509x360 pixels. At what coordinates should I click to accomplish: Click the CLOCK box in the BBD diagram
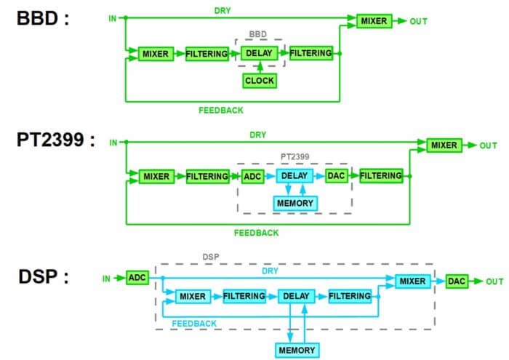click(x=259, y=81)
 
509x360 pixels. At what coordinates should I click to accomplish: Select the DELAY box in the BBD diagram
click(x=259, y=53)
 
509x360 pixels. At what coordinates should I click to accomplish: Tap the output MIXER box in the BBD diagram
click(x=374, y=21)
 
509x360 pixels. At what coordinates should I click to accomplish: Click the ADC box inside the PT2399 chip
click(x=253, y=176)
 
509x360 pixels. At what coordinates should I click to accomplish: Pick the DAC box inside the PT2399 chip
click(x=336, y=176)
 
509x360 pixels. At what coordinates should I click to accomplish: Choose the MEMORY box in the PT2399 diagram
click(x=295, y=203)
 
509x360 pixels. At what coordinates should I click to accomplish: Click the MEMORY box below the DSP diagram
click(x=297, y=350)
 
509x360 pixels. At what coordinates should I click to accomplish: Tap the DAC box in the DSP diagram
click(x=456, y=281)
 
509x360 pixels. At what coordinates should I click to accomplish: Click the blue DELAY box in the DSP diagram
click(x=296, y=296)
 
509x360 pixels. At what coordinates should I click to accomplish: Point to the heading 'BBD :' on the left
click(x=42, y=18)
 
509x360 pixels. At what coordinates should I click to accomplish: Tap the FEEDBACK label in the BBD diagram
click(x=220, y=111)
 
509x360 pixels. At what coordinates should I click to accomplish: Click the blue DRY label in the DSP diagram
click(x=269, y=271)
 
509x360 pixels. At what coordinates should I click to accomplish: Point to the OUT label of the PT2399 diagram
click(x=488, y=145)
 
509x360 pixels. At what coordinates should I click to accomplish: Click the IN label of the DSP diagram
click(x=106, y=278)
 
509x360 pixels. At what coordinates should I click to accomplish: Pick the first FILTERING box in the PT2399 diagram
click(x=207, y=176)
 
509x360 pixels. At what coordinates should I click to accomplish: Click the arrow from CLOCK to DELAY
click(x=259, y=67)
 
